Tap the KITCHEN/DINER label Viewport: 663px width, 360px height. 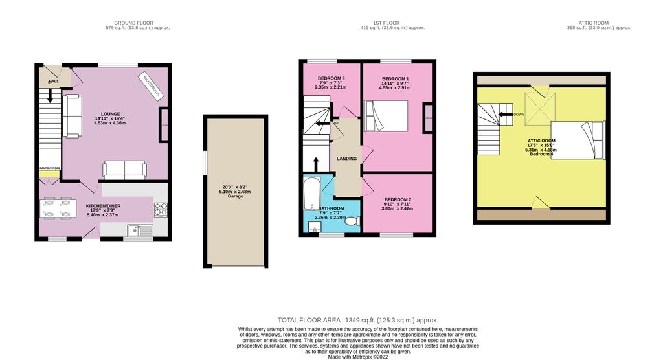click(x=104, y=206)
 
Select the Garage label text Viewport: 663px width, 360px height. click(x=235, y=196)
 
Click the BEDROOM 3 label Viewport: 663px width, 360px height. click(x=331, y=78)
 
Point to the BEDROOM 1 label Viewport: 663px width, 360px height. click(x=394, y=78)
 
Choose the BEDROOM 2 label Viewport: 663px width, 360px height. click(x=397, y=199)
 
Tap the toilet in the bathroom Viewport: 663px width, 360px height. click(x=352, y=221)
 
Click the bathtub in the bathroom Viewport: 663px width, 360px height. click(x=310, y=191)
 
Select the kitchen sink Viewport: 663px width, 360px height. click(x=139, y=229)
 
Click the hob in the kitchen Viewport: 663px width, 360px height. click(x=161, y=209)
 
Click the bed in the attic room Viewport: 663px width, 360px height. click(x=577, y=139)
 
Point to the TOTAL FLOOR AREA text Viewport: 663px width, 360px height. click(x=358, y=320)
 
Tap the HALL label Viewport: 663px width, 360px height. click(x=53, y=82)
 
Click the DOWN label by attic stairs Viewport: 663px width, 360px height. click(x=519, y=115)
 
